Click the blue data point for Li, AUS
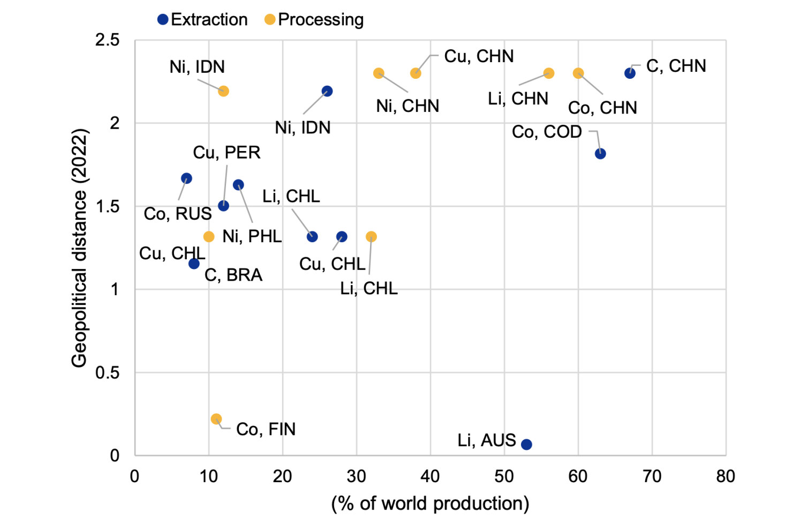click(x=526, y=444)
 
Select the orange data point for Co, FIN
click(x=216, y=419)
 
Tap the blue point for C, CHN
click(x=630, y=73)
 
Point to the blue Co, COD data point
click(x=600, y=154)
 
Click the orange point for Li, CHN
click(x=548, y=73)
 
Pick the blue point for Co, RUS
click(x=186, y=178)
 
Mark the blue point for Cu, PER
click(x=223, y=206)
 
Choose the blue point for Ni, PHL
click(x=238, y=185)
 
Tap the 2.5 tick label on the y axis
click(x=107, y=40)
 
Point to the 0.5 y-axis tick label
click(x=107, y=373)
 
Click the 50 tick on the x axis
click(x=504, y=476)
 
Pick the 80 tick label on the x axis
click(x=726, y=476)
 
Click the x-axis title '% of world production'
click(x=430, y=504)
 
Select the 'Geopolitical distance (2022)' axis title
click(x=79, y=248)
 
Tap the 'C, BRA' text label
click(x=233, y=275)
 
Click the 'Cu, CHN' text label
click(x=479, y=56)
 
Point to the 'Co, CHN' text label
click(x=602, y=108)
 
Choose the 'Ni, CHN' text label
click(x=408, y=106)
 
